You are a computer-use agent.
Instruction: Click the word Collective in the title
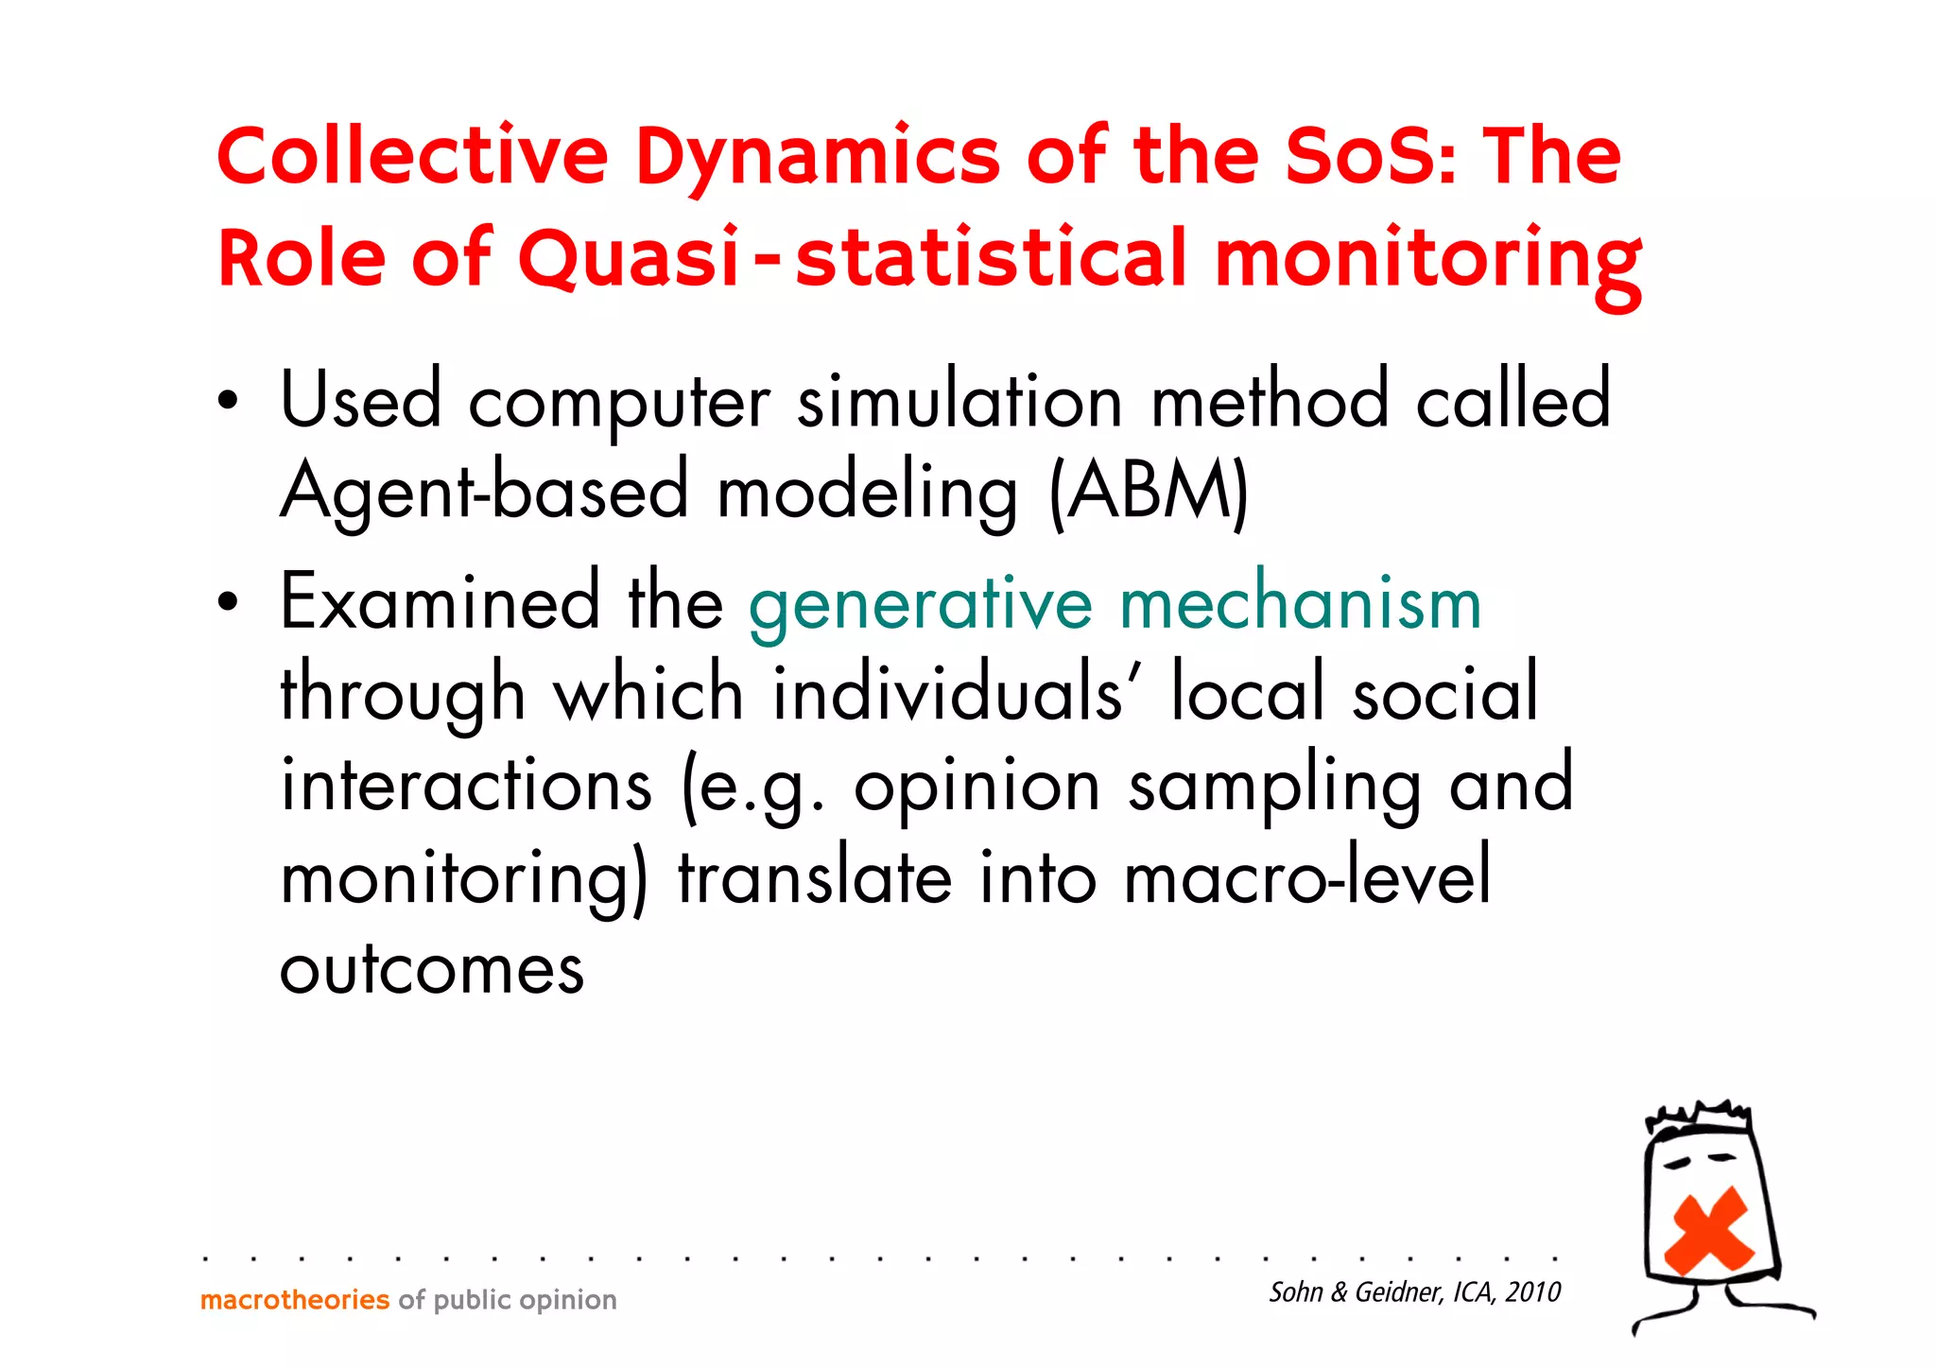[x=412, y=156]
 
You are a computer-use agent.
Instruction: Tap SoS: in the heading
[x=1371, y=156]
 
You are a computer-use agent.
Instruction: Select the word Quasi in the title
[x=629, y=258]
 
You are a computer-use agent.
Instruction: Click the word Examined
[x=440, y=601]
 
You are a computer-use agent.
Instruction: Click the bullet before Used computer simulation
[x=227, y=401]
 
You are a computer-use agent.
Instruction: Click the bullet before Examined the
[x=227, y=601]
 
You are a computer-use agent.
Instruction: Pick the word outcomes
[x=432, y=969]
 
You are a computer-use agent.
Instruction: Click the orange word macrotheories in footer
[x=294, y=1300]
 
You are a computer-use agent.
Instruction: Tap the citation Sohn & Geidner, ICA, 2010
[x=1414, y=1291]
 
